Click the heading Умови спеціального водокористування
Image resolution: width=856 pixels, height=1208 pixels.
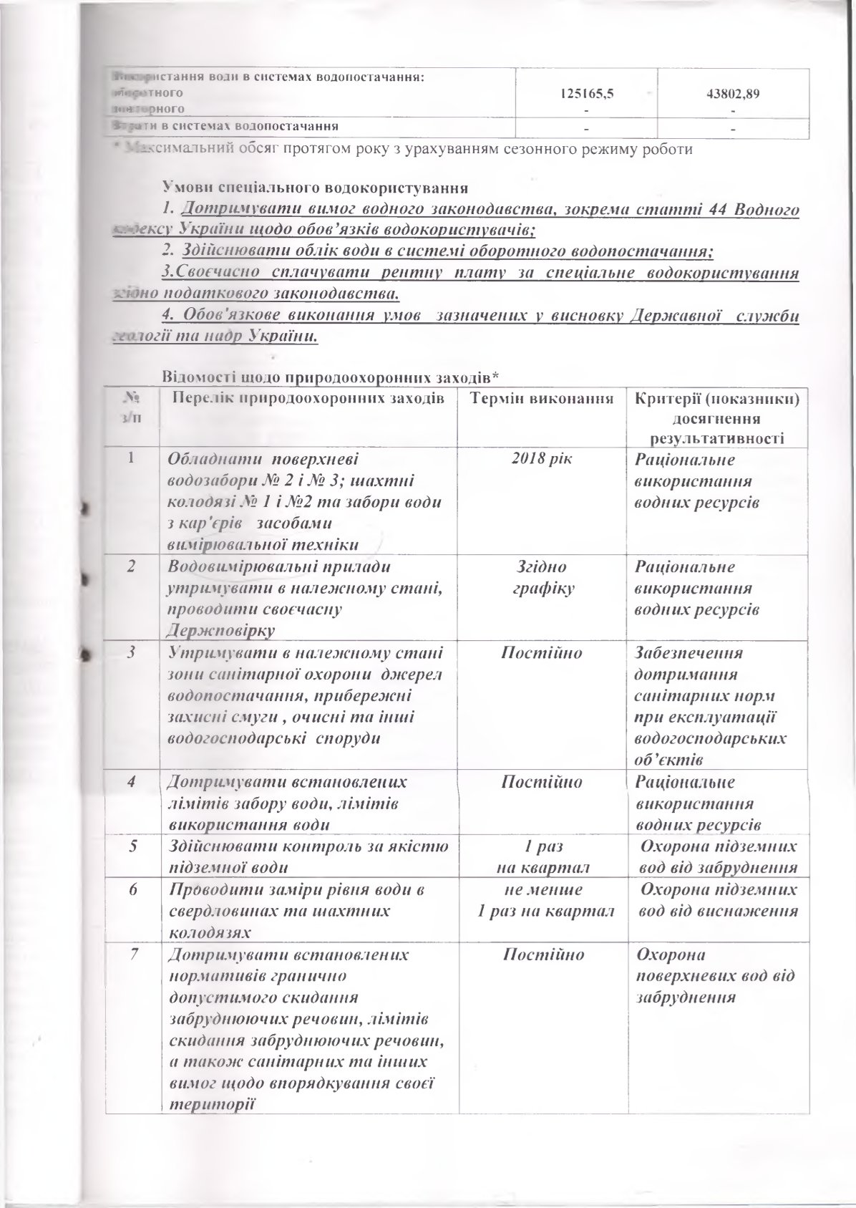tap(316, 189)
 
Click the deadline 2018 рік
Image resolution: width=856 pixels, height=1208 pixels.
tap(541, 458)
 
